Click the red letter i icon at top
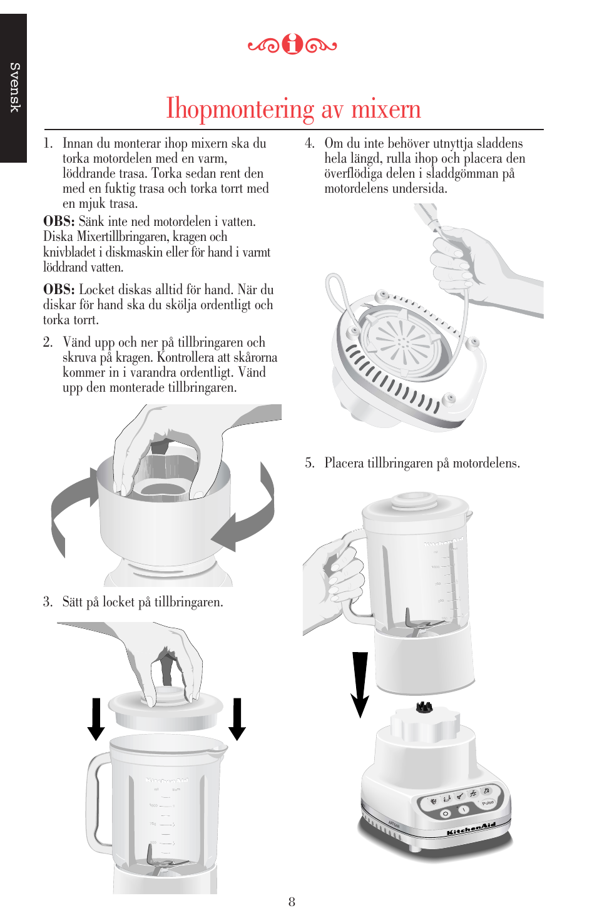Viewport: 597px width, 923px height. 292,44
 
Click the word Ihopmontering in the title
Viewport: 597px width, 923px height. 240,109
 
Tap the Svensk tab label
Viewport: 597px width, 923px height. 14,88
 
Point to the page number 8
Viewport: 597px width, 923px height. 292,902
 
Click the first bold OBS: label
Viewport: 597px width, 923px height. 59,222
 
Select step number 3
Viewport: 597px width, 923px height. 48,602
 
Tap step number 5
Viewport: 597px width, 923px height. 309,463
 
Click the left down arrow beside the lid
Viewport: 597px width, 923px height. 96,719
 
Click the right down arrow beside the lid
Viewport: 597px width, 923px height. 237,719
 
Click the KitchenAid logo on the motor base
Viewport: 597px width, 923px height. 471,829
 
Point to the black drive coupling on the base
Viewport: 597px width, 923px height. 424,707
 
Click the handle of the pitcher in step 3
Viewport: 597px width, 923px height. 98,801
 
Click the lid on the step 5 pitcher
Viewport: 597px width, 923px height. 415,504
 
